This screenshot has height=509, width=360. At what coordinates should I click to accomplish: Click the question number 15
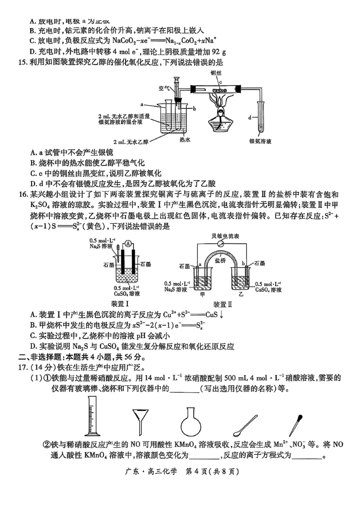[22, 62]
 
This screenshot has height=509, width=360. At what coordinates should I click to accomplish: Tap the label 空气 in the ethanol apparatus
[164, 88]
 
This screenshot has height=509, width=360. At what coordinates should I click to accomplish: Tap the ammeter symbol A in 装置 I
[128, 244]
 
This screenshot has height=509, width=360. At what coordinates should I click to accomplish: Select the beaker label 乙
[241, 295]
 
